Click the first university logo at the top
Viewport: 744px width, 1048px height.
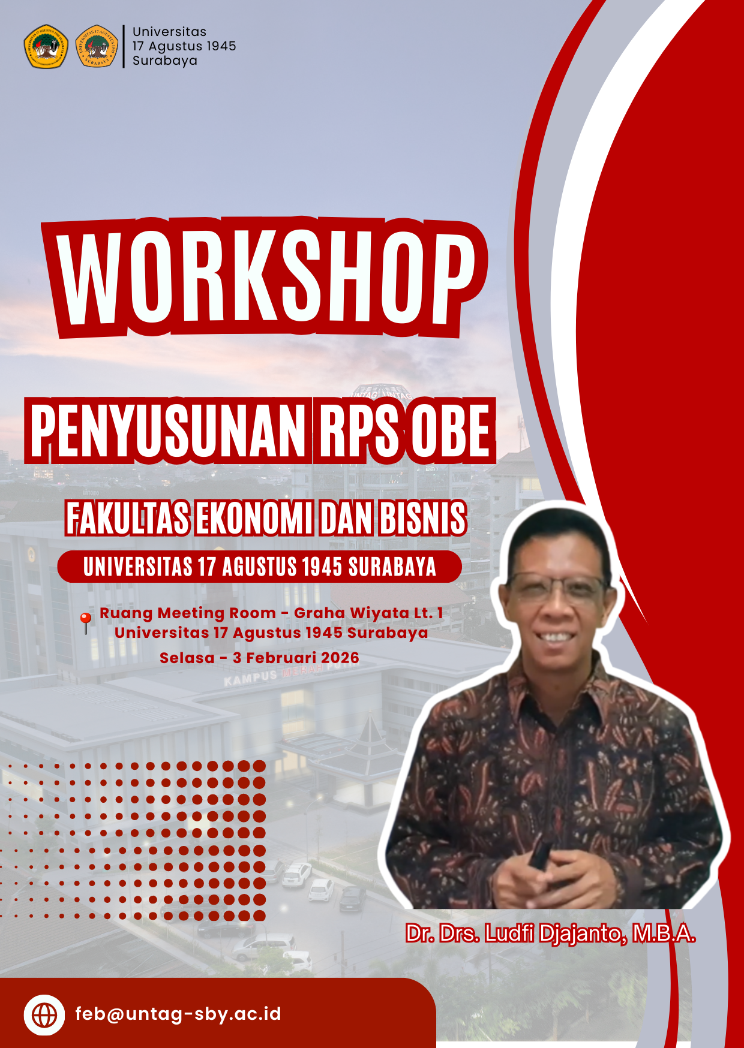coord(46,46)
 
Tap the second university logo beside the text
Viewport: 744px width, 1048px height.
coord(97,46)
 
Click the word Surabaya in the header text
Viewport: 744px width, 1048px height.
coord(165,61)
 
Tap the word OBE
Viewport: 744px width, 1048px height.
coord(451,430)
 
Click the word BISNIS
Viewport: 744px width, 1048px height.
coord(422,519)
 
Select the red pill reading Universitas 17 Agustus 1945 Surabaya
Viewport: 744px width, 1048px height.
coord(260,567)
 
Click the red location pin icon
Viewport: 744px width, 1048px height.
coord(86,623)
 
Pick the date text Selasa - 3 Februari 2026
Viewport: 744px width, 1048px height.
coord(259,658)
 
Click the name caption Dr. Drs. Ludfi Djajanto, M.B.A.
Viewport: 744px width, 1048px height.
coord(550,934)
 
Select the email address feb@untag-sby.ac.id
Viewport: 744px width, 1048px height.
coord(178,1014)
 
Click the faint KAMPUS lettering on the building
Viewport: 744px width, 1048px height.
coord(251,677)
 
